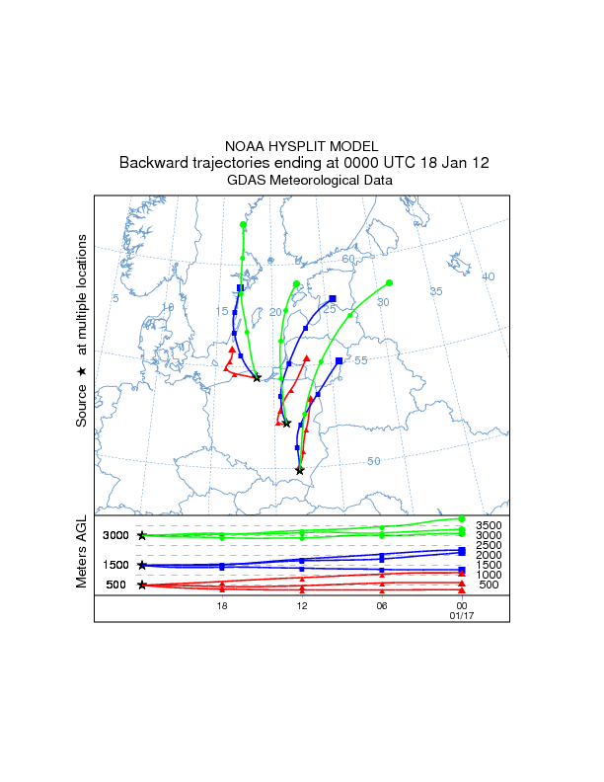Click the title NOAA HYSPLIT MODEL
pos(301,146)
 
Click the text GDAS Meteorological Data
pos(309,181)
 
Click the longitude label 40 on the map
pos(487,276)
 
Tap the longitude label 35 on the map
pos(436,291)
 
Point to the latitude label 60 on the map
pos(348,259)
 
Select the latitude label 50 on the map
pos(374,461)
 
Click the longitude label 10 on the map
pos(168,308)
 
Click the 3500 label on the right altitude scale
pos(489,525)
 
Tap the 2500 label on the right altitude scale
pos(489,545)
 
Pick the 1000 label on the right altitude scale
pos(489,575)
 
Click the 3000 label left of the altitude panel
pos(116,535)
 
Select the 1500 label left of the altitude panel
pos(116,565)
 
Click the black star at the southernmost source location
pos(300,471)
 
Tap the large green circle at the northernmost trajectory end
pos(243,225)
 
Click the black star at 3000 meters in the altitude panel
pos(142,535)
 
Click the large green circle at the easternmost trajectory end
pos(390,282)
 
